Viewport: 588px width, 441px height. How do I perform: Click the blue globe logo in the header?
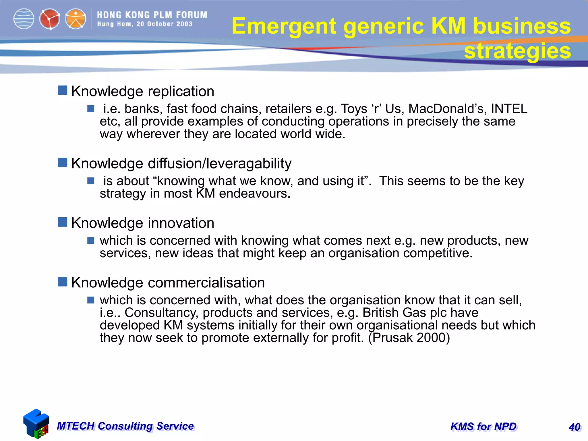(x=24, y=19)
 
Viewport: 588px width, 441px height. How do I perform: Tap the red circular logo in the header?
(x=50, y=19)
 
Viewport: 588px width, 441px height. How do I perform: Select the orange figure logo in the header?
(x=76, y=19)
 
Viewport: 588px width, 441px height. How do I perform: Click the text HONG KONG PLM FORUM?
(x=152, y=15)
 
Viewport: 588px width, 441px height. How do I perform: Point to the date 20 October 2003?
(x=164, y=24)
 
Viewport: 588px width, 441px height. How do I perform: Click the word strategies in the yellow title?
(x=517, y=51)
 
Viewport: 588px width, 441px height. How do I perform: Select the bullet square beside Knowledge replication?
(x=62, y=90)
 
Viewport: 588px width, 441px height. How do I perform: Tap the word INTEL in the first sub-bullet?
(x=509, y=109)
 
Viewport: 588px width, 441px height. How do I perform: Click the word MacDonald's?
(x=448, y=109)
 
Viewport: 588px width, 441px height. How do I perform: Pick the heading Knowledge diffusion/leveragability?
(x=181, y=163)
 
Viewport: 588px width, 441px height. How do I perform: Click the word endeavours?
(x=255, y=194)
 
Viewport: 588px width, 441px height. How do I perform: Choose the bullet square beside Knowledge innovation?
(x=62, y=222)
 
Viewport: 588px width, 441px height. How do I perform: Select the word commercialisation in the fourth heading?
(x=206, y=283)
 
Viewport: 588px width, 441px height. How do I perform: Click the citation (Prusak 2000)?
(x=409, y=338)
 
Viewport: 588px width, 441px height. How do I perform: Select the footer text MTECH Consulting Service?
(x=125, y=426)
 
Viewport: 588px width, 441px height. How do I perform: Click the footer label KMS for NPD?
(x=483, y=427)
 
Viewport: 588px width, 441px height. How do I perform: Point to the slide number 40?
(x=575, y=427)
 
